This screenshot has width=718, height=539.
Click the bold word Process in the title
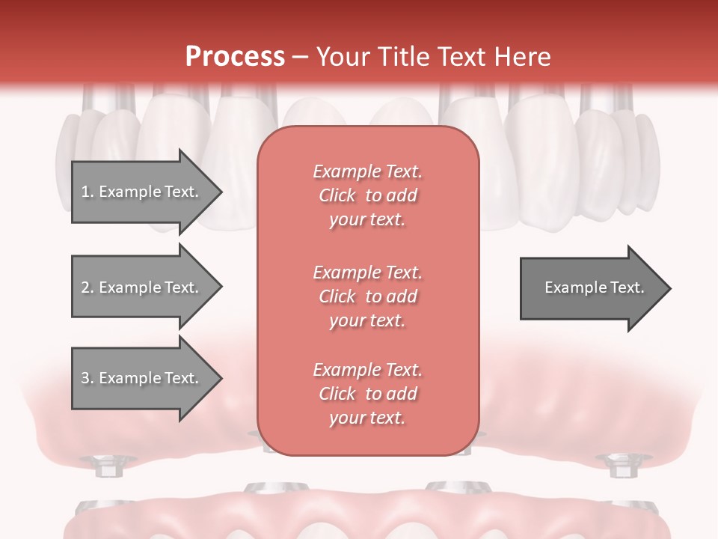point(235,57)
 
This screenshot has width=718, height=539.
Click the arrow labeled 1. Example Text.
point(142,192)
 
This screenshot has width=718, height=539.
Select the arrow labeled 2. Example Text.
point(142,287)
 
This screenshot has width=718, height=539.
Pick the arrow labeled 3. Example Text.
point(142,378)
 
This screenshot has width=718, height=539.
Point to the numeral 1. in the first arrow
point(87,192)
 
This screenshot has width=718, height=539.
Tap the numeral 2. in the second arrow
point(87,287)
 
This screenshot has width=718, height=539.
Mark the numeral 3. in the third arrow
point(87,378)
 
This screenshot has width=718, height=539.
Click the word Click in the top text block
point(337,195)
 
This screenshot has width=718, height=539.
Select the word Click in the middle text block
point(337,296)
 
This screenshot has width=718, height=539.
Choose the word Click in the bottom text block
point(337,394)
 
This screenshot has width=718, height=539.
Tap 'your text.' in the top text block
point(367,220)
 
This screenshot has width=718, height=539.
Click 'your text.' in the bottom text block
point(367,418)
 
